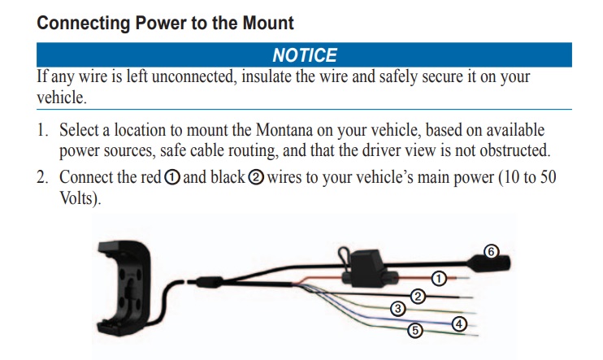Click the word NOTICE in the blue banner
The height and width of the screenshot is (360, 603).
pos(304,55)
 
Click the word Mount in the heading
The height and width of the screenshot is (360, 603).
pos(266,23)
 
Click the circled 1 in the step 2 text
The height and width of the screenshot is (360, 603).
pos(172,177)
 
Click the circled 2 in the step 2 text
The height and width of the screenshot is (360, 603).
pos(254,177)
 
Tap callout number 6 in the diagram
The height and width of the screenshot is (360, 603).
pos(490,251)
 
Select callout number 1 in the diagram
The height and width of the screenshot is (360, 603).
pos(438,278)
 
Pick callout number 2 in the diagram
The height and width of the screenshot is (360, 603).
pos(418,296)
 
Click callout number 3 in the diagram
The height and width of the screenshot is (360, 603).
pos(397,308)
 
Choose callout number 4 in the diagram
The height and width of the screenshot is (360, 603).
pos(459,323)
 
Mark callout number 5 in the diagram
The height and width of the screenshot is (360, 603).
pos(414,330)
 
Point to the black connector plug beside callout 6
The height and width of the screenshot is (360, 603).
pos(492,264)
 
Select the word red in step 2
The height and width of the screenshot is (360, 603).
pos(150,177)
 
